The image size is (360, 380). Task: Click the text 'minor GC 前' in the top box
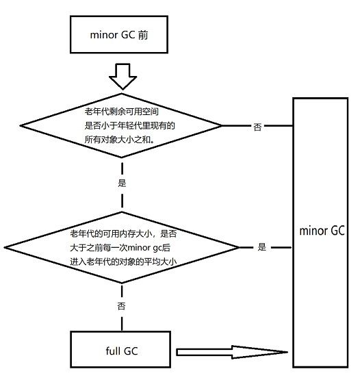[118, 35]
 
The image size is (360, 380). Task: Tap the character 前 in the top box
[142, 35]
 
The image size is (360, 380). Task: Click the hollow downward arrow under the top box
[123, 76]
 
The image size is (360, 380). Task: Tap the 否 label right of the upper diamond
[257, 127]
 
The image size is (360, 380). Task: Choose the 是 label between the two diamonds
[123, 183]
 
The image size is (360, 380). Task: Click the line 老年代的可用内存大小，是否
[123, 233]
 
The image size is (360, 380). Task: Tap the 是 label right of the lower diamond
[261, 247]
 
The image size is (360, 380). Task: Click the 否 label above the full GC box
[122, 306]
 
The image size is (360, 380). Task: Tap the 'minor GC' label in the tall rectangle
[322, 231]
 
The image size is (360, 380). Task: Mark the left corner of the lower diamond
[5, 247]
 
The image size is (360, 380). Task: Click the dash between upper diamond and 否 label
[239, 126]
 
